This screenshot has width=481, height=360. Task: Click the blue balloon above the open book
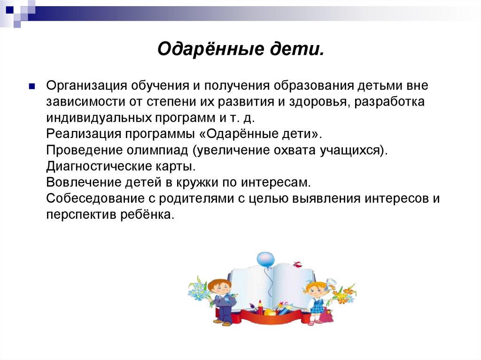pos(265,260)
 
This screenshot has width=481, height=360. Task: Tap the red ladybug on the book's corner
pos(296,265)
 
